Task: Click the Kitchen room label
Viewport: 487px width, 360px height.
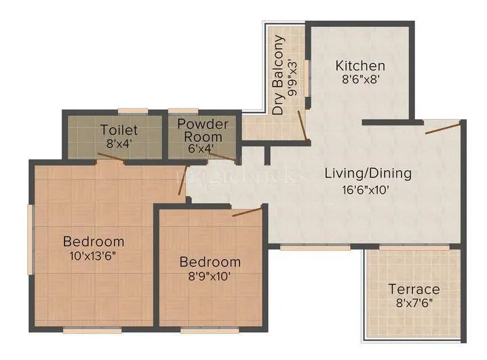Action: coord(361,66)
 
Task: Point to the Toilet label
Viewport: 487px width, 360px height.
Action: coord(119,129)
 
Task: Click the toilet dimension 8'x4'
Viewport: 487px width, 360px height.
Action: coord(119,143)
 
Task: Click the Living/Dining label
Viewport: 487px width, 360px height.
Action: coord(368,173)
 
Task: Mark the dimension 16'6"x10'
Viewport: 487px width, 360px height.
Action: coord(366,190)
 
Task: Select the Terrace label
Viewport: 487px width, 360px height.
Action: coord(414,289)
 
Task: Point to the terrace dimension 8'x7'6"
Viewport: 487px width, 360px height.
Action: coord(414,304)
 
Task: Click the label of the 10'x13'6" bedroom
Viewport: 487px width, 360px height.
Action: coord(94,241)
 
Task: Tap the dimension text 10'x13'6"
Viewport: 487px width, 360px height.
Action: coord(94,256)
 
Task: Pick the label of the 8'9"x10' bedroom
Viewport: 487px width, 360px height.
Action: coord(210,262)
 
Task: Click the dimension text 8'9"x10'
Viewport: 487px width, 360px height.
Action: coord(210,277)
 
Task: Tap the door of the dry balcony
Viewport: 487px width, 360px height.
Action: coord(301,125)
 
